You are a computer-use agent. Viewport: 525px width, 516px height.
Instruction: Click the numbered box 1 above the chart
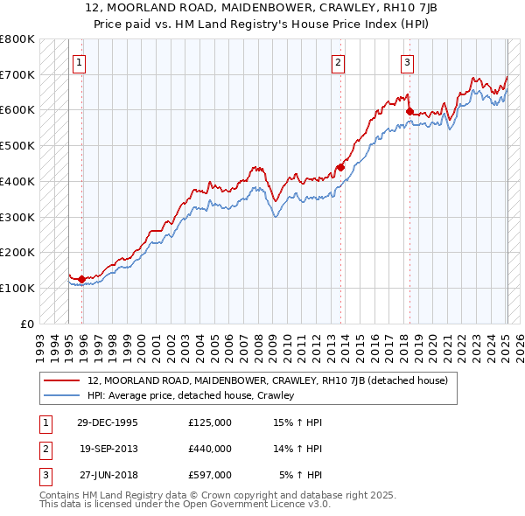pos(80,61)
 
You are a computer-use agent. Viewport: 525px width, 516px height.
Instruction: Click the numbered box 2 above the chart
pos(338,61)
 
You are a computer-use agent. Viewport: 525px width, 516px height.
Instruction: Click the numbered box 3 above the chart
pos(408,61)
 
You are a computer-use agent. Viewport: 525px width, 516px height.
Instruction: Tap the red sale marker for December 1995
pos(82,279)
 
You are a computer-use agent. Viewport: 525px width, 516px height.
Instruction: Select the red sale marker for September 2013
pos(340,166)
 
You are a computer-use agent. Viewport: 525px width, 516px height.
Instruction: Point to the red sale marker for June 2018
pos(409,110)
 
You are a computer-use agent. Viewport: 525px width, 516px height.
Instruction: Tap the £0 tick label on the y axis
pos(27,324)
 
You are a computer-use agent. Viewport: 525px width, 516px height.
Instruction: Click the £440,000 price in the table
pos(209,449)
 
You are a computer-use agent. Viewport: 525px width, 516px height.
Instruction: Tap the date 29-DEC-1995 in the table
pos(108,422)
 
